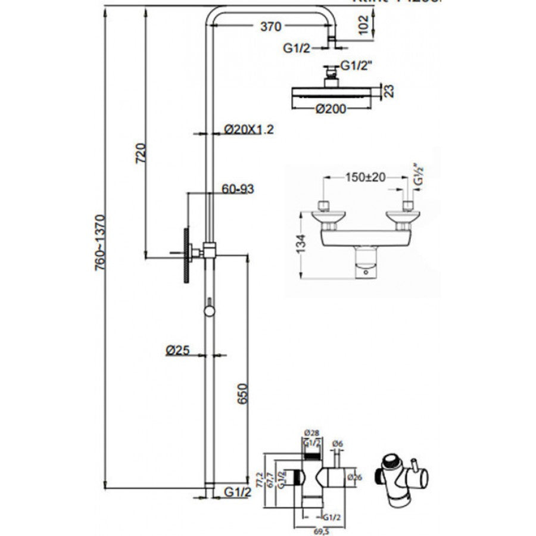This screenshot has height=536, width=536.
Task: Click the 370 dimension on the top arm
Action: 270,26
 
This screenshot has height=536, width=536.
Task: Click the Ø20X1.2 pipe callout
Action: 249,130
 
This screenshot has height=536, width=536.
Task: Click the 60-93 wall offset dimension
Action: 238,189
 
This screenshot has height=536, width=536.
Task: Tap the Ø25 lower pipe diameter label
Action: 177,351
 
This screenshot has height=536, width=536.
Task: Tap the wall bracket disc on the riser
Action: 186,255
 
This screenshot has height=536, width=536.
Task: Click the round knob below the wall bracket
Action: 208,310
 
